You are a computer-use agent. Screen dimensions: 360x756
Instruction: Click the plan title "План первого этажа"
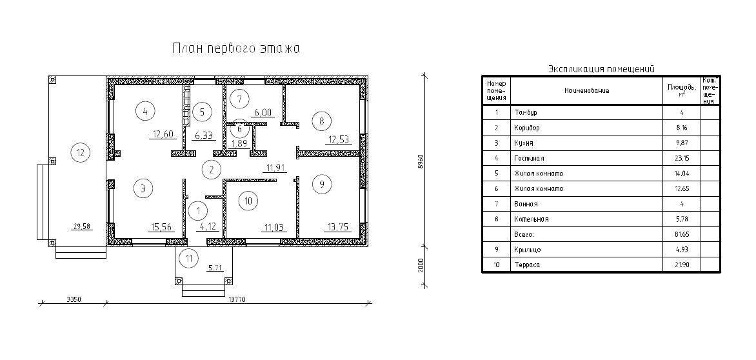coord(236,48)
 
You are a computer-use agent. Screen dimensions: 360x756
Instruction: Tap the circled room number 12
coord(80,153)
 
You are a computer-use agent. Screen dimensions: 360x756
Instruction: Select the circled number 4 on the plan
coord(145,111)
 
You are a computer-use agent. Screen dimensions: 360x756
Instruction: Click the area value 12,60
coord(163,135)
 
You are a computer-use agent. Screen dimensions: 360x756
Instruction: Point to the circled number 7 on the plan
coord(239,99)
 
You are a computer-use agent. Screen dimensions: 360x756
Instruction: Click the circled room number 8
coord(321,120)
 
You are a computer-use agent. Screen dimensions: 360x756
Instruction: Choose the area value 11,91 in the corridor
coord(275,168)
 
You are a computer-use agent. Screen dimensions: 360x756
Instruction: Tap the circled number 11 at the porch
coord(188,259)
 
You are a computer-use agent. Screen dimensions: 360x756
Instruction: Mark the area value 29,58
coord(81,226)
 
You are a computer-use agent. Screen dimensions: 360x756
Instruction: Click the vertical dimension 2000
coord(421,265)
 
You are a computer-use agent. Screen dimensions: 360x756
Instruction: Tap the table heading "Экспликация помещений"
coord(601,68)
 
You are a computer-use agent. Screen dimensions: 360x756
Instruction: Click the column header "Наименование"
coord(586,90)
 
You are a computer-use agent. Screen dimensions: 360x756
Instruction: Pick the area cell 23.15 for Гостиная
coord(682,158)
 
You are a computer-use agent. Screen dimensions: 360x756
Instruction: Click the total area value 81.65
coord(682,234)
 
